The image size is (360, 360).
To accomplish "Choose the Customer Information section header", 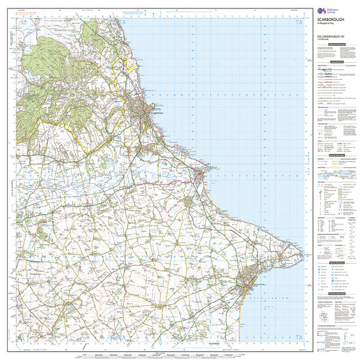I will pos(331,59).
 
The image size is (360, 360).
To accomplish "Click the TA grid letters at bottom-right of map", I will pos(300,338).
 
